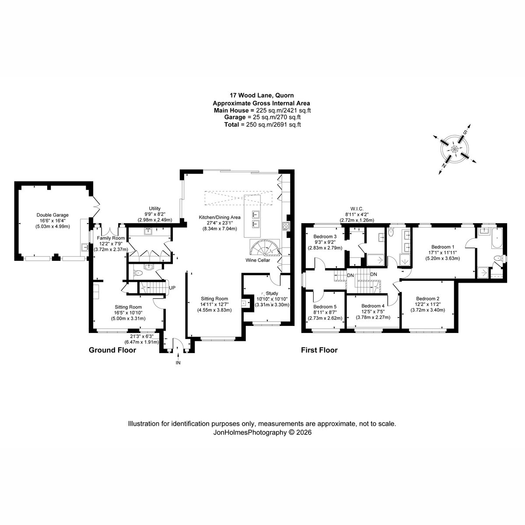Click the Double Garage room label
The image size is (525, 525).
pyautogui.click(x=52, y=215)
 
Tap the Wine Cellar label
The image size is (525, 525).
pyautogui.click(x=257, y=260)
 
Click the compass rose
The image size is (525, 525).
pyautogui.click(x=455, y=149)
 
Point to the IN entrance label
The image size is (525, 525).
pyautogui.click(x=178, y=363)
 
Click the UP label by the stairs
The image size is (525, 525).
pyautogui.click(x=172, y=288)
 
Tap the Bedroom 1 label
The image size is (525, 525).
pyautogui.click(x=442, y=247)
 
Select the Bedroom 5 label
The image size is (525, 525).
pyautogui.click(x=325, y=307)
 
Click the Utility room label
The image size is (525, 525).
pyautogui.click(x=155, y=209)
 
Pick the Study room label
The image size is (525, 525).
pyautogui.click(x=272, y=293)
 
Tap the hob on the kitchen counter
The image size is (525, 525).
pyautogui.click(x=286, y=225)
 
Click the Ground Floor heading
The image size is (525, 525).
pyautogui.click(x=112, y=350)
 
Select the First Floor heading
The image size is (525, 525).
pyautogui.click(x=319, y=350)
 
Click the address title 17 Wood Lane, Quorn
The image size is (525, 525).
pyautogui.click(x=262, y=95)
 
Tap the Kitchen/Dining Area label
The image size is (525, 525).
pyautogui.click(x=220, y=217)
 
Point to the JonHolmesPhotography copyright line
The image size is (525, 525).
pyautogui.click(x=262, y=432)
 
